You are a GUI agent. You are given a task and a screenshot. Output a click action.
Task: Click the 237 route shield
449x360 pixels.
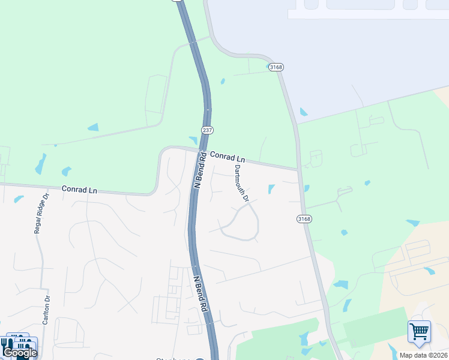(x=208, y=130)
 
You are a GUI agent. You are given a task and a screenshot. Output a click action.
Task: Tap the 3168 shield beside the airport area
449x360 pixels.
(x=276, y=67)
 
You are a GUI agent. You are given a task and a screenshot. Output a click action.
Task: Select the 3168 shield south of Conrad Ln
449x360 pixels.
(x=304, y=219)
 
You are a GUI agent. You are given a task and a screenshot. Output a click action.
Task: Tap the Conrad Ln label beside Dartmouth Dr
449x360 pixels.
(x=228, y=157)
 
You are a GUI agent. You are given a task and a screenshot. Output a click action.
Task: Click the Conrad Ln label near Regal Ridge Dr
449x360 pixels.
(x=79, y=190)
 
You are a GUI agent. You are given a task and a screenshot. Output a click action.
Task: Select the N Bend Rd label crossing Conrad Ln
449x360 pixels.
(x=199, y=172)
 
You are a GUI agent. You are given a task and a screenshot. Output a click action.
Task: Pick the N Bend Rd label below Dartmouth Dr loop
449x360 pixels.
(x=200, y=293)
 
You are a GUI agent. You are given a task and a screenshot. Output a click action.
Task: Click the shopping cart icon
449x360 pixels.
(x=419, y=331)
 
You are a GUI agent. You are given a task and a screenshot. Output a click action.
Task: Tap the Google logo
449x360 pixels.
(x=20, y=353)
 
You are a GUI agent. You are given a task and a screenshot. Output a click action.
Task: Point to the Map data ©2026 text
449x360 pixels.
(x=423, y=355)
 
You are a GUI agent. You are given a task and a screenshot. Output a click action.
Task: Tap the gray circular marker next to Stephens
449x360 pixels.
(x=200, y=359)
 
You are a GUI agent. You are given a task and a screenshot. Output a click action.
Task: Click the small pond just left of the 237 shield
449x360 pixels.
(x=193, y=140)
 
